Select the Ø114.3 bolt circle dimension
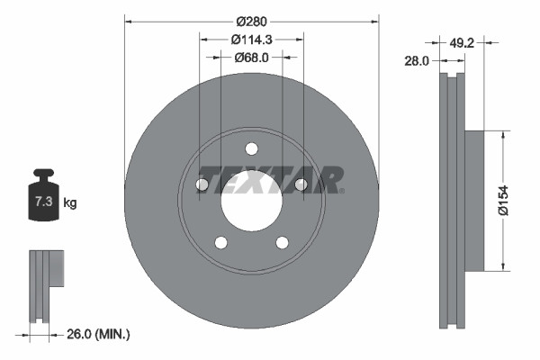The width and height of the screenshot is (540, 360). pos(251,39)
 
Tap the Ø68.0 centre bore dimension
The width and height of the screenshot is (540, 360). pos(251,57)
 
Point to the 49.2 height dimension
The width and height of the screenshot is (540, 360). pos(461,40)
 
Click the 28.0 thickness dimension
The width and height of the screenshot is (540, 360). pos(417,60)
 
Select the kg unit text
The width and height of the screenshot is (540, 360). pos(70,203)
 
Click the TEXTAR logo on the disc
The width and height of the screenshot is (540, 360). pos(269,178)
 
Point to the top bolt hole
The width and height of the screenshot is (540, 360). pos(252,148)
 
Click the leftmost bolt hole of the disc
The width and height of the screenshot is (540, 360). pos(202,185)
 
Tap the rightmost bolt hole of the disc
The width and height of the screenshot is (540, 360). pos(301,185)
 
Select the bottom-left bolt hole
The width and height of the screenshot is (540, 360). pos(221,242)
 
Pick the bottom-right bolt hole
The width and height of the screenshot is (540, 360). pos(283,242)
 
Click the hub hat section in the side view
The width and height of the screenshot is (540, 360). pos(475,200)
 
